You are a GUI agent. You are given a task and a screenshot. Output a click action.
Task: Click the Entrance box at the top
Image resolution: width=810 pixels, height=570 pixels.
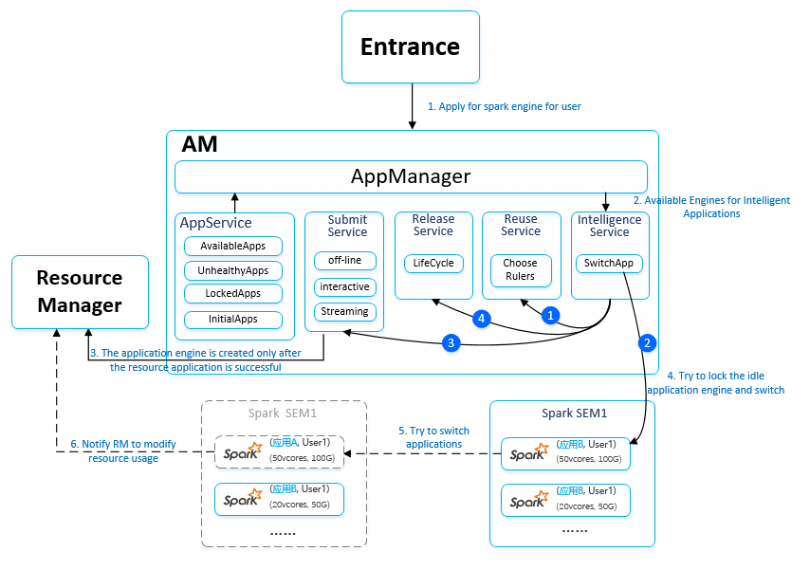point(411,46)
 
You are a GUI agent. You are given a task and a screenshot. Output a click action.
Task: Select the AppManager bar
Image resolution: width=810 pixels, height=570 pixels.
point(411,176)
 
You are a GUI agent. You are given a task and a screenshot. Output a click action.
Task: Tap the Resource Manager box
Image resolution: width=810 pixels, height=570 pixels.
point(80,291)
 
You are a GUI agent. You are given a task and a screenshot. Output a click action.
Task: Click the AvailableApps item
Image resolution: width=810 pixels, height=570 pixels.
point(233,246)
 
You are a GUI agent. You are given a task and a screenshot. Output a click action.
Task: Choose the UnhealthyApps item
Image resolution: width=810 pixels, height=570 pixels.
point(233,270)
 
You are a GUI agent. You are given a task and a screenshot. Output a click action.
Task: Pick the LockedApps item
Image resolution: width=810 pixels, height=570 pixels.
point(233,294)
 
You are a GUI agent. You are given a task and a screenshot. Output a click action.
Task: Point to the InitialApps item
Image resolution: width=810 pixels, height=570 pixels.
point(233,320)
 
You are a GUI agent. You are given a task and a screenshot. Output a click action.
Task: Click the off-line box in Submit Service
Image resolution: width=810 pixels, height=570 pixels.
point(345,261)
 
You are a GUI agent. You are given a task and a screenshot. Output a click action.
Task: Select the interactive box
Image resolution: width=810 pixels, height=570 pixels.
point(345,286)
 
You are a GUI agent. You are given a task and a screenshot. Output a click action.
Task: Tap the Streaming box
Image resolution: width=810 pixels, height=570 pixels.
point(345,312)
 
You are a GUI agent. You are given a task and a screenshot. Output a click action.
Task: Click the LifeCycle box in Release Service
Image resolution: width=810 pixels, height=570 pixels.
point(433,263)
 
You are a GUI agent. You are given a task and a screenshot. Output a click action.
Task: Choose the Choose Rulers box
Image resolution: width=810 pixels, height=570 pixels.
point(520,269)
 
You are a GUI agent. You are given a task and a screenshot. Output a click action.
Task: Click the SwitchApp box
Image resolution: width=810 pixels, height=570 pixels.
point(609,263)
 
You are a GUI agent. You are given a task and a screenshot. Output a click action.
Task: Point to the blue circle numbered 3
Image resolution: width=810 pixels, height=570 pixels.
point(452,342)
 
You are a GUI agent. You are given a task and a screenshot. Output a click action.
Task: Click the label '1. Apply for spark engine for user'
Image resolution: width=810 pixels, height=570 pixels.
point(504,106)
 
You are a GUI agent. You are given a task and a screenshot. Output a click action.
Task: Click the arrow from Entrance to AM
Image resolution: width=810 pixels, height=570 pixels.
point(412,104)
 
